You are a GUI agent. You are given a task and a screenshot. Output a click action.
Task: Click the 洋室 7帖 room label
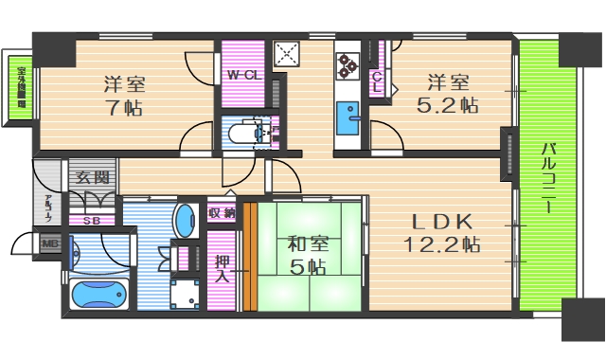125,95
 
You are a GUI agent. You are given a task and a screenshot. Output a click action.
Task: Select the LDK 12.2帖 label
443,232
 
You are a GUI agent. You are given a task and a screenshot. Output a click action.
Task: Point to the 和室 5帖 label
303,254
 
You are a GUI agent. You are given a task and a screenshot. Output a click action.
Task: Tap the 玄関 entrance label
92,177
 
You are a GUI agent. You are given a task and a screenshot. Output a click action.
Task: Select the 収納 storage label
222,212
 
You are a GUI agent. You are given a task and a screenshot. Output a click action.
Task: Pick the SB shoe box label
92,221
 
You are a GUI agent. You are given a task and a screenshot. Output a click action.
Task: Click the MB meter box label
48,243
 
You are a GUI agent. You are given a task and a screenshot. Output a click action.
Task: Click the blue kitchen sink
348,118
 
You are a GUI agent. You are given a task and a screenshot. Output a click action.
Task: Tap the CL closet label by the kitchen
377,81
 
